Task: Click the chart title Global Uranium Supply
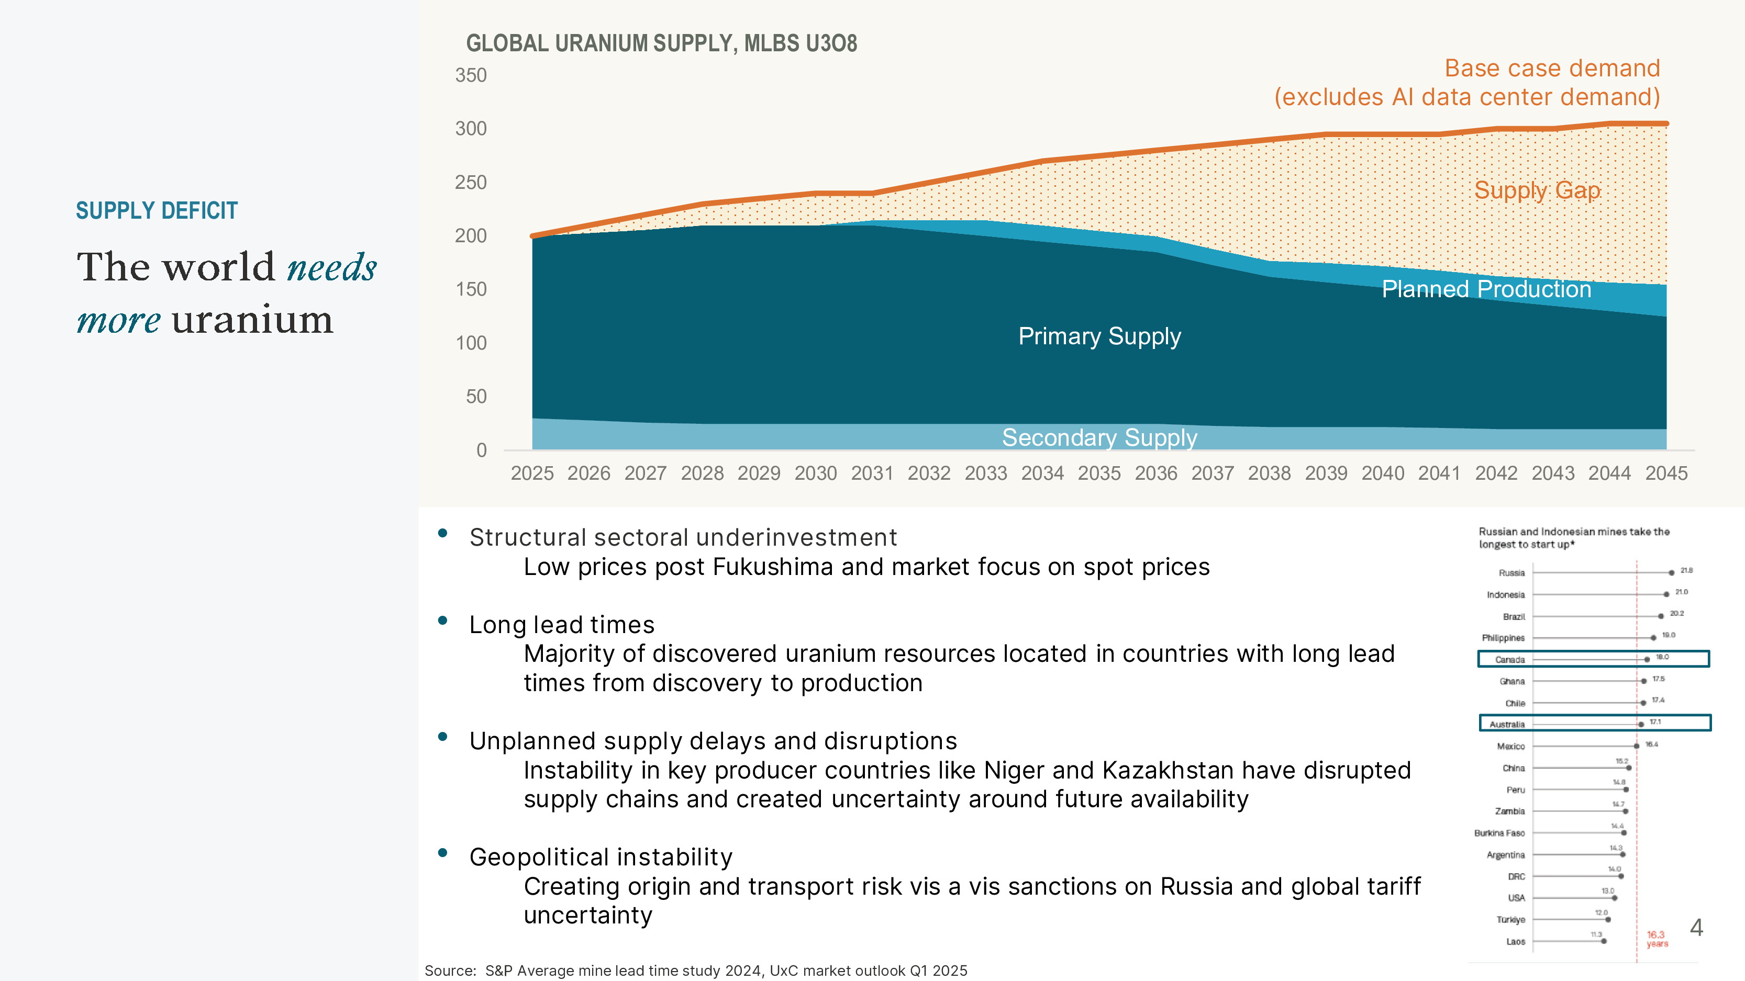pos(661,43)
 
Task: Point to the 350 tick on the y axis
pos(471,75)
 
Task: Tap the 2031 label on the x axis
pos(872,473)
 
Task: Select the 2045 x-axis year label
pos(1666,473)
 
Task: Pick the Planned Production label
pos(1486,289)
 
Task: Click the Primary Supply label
pos(1099,336)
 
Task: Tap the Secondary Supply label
pos(1099,437)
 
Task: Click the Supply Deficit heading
pos(157,210)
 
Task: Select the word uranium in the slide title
pos(252,320)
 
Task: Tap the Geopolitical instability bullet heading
pos(601,857)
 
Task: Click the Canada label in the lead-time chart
pos(1509,659)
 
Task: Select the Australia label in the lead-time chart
pos(1507,725)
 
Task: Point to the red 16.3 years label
pos(1657,938)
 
